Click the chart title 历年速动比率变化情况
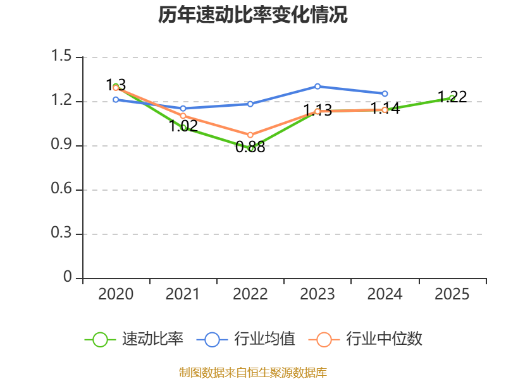pos(252,15)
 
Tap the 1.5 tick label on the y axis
pos(61,56)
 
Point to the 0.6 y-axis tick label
pos(61,188)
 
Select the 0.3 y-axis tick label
pos(61,232)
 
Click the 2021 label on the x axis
pos(183,294)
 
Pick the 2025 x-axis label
pos(452,294)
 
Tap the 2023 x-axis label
pos(318,294)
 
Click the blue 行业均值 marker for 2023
pos(318,87)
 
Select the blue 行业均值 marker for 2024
pos(385,93)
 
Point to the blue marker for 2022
pos(250,104)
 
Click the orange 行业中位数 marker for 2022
pos(250,135)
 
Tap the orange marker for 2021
pos(183,116)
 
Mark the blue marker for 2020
pos(116,100)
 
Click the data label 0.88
pos(250,147)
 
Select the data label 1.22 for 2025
pos(452,97)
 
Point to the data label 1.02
pos(183,126)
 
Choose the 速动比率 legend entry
pos(134,339)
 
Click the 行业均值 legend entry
pos(245,339)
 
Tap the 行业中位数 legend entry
pos(365,339)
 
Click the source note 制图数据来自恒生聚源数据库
pos(252,373)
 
